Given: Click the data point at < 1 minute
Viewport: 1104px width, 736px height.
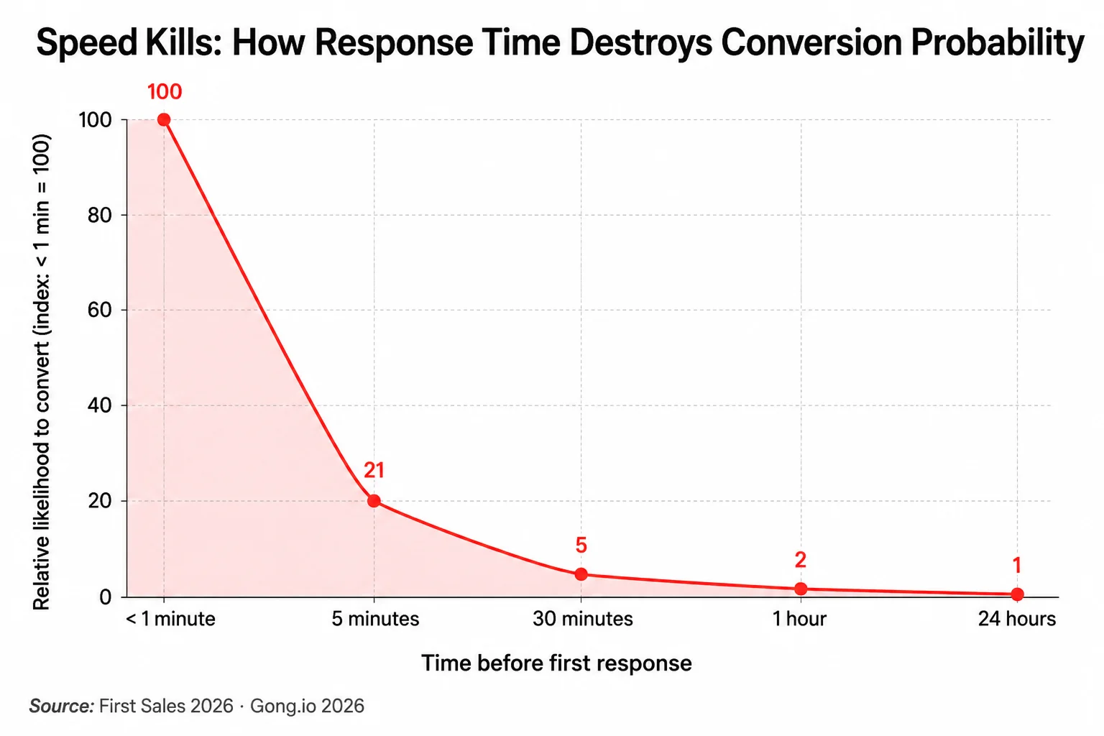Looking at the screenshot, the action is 164,120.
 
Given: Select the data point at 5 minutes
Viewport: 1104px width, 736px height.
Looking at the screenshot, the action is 374,501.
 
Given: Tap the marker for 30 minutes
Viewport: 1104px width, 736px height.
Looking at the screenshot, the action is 581,574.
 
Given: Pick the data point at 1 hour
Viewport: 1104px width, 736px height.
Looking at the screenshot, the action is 801,589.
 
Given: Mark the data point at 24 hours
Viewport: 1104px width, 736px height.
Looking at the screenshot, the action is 1017,594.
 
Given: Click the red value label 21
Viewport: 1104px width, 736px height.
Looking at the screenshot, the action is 374,470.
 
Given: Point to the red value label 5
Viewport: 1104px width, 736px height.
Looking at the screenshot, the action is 581,546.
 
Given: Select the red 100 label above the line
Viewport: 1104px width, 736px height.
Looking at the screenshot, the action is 165,92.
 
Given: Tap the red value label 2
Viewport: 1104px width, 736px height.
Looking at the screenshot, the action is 801,560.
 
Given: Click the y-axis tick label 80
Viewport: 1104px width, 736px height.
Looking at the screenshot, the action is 100,216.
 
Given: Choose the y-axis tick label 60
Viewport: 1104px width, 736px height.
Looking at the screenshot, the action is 100,310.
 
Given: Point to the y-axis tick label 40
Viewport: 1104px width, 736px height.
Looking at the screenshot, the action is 100,405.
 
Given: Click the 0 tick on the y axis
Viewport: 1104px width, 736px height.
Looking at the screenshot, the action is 106,597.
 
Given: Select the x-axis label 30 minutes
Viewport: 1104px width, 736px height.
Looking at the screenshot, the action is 583,619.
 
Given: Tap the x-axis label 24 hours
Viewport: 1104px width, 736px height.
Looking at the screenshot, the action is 1017,619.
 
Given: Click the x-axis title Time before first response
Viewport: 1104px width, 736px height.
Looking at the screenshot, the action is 556,663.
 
